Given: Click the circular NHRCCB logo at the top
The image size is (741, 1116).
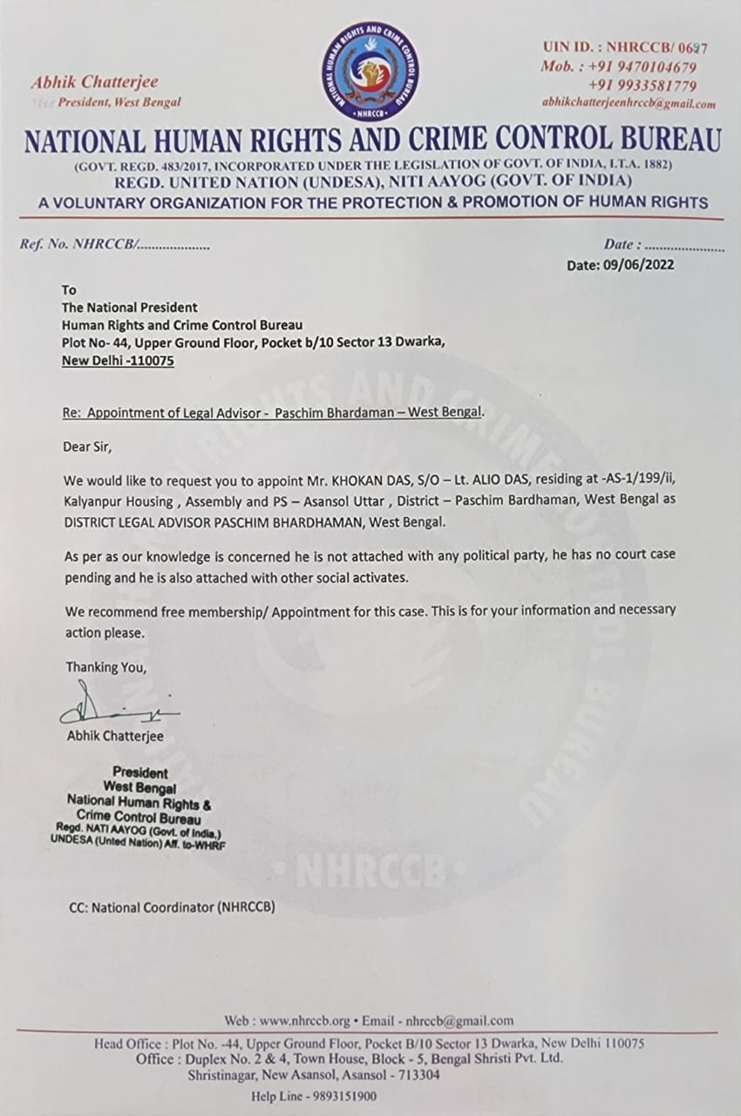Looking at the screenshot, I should point(370,72).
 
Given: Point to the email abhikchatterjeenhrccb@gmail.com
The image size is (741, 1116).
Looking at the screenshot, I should point(629,103).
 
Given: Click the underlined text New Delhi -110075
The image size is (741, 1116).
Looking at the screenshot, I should point(118,359).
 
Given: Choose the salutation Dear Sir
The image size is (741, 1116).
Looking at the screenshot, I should point(88,446).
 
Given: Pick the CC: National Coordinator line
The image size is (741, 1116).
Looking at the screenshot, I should point(172,908).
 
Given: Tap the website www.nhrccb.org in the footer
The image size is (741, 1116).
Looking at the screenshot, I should point(304,1020).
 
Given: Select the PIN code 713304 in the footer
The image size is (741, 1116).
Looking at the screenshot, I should point(415,1076).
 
